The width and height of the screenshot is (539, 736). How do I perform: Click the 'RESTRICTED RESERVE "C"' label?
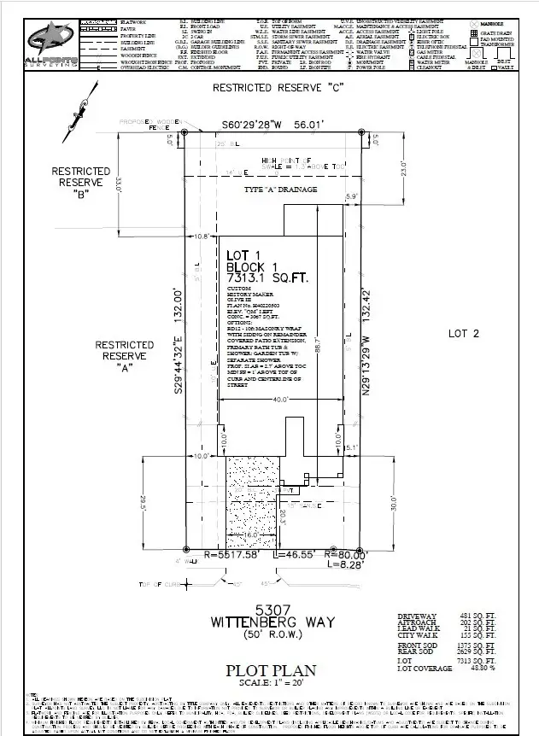coord(272,89)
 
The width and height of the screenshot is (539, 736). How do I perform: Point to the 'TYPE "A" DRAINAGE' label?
coord(280,189)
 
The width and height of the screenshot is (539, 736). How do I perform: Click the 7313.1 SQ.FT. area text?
coord(267,278)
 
